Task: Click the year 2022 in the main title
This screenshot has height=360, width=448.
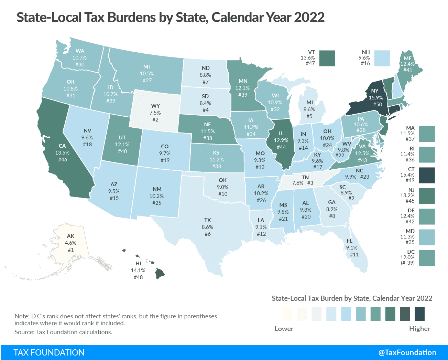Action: point(309,17)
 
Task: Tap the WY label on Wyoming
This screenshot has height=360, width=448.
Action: point(155,106)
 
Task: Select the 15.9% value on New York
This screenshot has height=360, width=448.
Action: point(375,97)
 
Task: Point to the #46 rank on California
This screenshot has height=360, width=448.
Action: point(63,159)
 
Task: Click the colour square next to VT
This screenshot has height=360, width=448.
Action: point(327,58)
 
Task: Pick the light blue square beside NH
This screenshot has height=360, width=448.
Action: point(382,58)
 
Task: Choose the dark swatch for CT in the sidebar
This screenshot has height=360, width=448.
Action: point(427,175)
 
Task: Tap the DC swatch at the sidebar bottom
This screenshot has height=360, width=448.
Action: point(427,258)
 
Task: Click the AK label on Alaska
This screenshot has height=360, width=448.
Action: point(70,236)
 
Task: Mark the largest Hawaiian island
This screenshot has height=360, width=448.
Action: point(159,274)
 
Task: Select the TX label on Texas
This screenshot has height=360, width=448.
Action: point(207,220)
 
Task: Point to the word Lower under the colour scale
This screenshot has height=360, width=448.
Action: point(284,329)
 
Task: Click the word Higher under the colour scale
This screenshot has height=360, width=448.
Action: point(419,329)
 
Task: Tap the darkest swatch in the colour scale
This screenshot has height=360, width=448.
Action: point(419,314)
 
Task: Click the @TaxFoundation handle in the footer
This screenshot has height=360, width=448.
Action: point(407,352)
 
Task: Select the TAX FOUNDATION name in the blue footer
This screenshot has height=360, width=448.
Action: point(49,352)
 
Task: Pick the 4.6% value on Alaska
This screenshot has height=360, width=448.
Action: point(70,243)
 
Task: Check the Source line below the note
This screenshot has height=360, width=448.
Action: point(63,332)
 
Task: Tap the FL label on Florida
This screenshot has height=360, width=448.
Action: point(349,241)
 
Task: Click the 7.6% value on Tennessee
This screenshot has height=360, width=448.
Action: point(298,183)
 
